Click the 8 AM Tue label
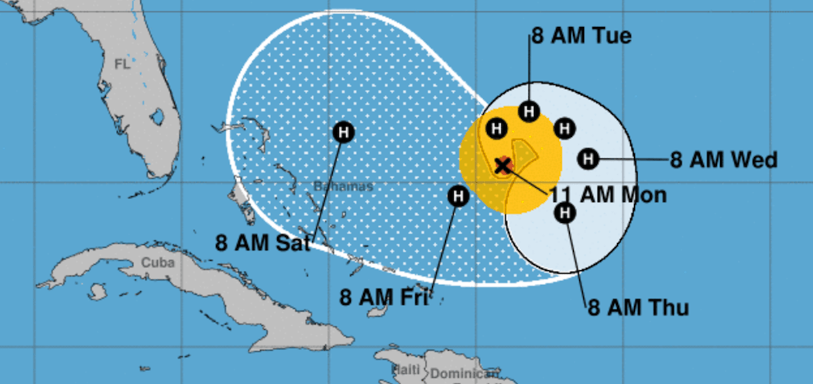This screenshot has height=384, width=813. (x=581, y=35)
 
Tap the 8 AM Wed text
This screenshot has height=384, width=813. (x=724, y=161)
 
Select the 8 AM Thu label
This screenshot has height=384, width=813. (x=638, y=308)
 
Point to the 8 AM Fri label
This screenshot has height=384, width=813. (x=383, y=297)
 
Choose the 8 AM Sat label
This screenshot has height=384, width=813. (x=263, y=242)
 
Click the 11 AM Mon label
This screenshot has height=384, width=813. (x=608, y=195)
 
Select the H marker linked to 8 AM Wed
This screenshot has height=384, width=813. (x=589, y=160)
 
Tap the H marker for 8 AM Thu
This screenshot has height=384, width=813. (x=564, y=213)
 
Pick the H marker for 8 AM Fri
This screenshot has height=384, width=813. (x=459, y=196)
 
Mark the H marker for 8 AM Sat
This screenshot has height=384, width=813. (x=343, y=131)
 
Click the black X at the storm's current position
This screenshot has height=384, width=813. (x=503, y=165)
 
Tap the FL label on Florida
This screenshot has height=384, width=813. (x=122, y=64)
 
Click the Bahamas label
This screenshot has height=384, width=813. (x=343, y=186)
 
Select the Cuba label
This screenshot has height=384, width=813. (x=157, y=263)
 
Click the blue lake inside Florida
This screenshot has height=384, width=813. (x=157, y=116)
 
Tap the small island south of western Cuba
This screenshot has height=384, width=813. (x=98, y=292)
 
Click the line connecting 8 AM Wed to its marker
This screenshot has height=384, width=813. (x=633, y=160)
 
